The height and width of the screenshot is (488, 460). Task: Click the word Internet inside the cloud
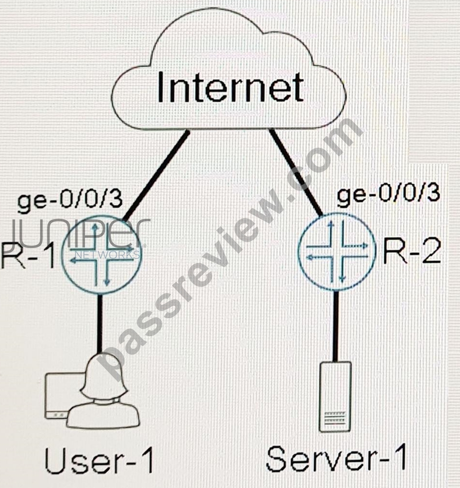pyautogui.click(x=230, y=87)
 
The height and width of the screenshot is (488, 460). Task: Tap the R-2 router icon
pyautogui.click(x=337, y=252)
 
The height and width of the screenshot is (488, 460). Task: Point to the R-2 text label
pyautogui.click(x=412, y=252)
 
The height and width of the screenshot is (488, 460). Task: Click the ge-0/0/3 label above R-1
pyautogui.click(x=70, y=200)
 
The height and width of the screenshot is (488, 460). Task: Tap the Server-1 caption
pyautogui.click(x=337, y=458)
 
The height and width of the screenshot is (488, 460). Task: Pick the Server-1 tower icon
pyautogui.click(x=335, y=397)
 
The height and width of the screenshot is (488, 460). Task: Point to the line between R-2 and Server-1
pyautogui.click(x=335, y=326)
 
